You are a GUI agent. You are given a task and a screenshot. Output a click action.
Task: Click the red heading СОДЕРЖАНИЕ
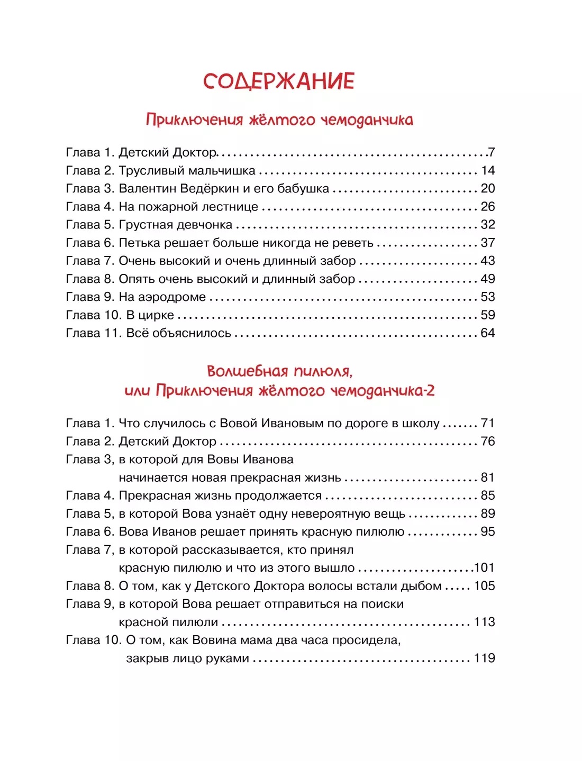(x=279, y=81)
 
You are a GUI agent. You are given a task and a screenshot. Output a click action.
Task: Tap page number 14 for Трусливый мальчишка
(x=487, y=171)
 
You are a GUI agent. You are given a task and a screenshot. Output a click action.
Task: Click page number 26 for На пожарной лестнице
(x=487, y=207)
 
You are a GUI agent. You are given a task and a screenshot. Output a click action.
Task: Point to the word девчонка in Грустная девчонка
(x=204, y=225)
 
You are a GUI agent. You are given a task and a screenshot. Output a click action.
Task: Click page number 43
(x=487, y=261)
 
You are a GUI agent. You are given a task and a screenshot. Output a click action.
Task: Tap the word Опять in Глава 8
(x=136, y=279)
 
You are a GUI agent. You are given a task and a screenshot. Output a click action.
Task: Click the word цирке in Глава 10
(x=156, y=316)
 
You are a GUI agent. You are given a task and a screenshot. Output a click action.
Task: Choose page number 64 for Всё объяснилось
(x=487, y=333)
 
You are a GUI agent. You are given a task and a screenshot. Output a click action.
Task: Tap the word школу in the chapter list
(x=421, y=424)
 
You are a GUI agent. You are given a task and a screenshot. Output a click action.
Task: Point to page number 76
(x=487, y=442)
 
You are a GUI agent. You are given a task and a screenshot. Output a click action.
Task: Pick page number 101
(x=485, y=568)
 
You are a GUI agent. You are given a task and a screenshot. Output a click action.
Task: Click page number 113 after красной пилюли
(x=485, y=622)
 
